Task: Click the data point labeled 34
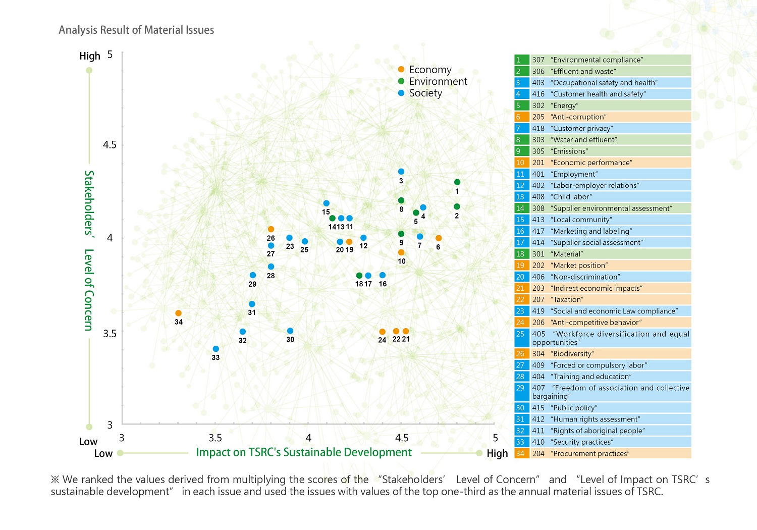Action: coord(178,313)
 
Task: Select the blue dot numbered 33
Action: coord(216,349)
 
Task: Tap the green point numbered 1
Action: coord(457,182)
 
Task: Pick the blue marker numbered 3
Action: coord(401,172)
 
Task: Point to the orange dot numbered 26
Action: coord(271,229)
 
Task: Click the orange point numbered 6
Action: coord(439,238)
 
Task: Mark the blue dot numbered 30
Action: coord(290,331)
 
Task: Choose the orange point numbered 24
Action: coord(382,332)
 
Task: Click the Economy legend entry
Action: coord(430,70)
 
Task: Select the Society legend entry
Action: coord(425,93)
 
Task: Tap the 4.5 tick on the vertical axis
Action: coord(110,145)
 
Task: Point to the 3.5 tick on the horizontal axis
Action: coord(215,438)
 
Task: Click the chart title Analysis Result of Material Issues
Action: coord(136,30)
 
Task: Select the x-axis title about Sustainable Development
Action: coord(304,452)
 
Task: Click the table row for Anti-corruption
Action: coord(603,117)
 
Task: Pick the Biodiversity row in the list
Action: coord(603,353)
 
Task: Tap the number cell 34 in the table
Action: coord(520,453)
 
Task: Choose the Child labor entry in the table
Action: coord(603,197)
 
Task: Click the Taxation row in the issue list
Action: coord(603,299)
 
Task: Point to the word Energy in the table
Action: coord(565,105)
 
